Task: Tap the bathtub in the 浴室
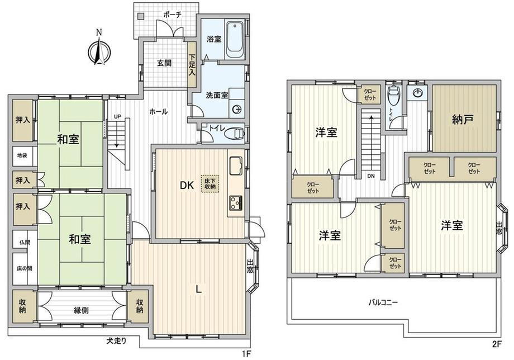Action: click(235, 40)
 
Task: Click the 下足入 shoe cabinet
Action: click(192, 65)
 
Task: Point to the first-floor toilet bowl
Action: click(235, 132)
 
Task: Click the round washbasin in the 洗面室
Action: click(237, 110)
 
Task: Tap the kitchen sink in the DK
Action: click(236, 165)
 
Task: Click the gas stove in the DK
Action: click(236, 203)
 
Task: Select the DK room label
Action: click(187, 186)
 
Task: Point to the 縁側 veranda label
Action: click(81, 310)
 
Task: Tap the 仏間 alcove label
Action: click(25, 243)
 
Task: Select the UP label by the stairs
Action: click(117, 116)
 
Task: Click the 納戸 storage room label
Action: click(463, 119)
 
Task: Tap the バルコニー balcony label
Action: click(382, 302)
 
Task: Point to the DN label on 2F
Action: click(371, 176)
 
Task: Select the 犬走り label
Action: click(116, 341)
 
